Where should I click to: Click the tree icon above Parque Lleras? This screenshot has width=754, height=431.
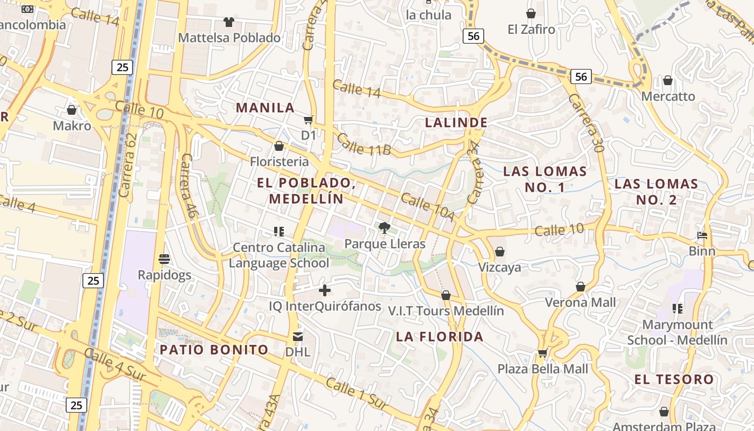tap(384, 228)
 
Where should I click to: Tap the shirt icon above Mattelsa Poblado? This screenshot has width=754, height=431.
tap(229, 22)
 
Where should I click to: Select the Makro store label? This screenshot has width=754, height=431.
tap(72, 126)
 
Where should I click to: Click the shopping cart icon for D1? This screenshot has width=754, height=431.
tap(309, 120)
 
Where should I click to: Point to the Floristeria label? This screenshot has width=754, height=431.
tap(279, 161)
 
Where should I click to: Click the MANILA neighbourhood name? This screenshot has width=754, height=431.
tap(266, 108)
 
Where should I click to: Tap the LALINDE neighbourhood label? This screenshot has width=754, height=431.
tap(456, 122)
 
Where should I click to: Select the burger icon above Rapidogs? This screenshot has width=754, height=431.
tap(164, 259)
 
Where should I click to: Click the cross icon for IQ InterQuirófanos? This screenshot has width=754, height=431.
tap(325, 290)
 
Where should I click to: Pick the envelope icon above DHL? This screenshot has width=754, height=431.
tap(297, 337)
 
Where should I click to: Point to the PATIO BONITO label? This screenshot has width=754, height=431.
tap(214, 350)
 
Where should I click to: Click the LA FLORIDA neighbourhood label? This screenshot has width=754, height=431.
tap(439, 337)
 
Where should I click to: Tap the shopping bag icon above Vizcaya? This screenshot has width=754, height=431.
tap(500, 252)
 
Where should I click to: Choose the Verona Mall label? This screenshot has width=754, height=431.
tap(581, 302)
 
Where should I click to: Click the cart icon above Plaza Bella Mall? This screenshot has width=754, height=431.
tap(542, 353)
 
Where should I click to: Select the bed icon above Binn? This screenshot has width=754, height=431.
tap(702, 235)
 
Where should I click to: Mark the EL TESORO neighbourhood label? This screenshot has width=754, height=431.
tap(674, 379)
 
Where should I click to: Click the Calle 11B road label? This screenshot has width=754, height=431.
tap(364, 144)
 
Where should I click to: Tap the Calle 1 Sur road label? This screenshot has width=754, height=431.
tap(356, 394)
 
